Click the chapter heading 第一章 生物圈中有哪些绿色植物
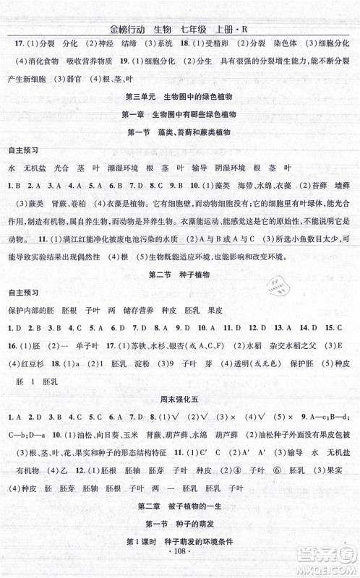coord(180,115)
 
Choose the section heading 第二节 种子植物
coord(180,275)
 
